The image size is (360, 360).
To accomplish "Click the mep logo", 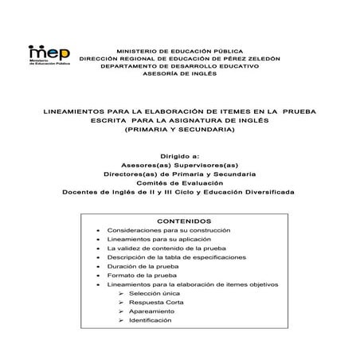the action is (x=47, y=55).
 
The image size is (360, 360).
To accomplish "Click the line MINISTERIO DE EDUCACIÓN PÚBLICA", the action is (x=179, y=49).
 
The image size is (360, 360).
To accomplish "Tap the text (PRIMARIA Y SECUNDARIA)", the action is (x=179, y=128).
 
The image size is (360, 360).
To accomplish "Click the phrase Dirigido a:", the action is (x=179, y=157).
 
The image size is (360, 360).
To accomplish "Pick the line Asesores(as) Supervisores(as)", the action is (x=179, y=166).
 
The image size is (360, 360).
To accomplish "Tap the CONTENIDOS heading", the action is (x=184, y=220).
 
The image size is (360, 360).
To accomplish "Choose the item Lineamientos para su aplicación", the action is (x=158, y=239).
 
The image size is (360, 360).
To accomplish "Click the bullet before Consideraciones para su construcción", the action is (x=97, y=230).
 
